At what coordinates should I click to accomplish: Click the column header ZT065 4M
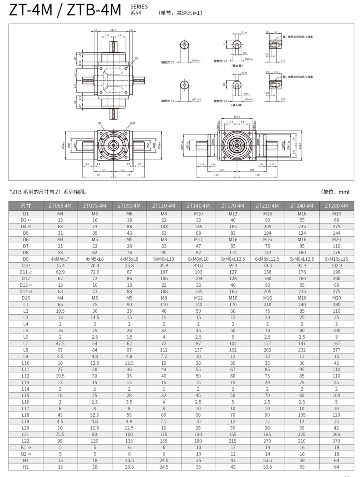point(60,206)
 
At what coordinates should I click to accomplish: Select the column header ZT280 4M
point(336,206)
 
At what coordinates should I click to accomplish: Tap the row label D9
point(26,259)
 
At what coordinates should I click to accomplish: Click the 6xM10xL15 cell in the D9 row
point(336,259)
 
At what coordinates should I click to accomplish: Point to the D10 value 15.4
point(60,265)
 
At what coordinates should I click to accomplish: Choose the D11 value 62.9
point(60,272)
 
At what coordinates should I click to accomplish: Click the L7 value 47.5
point(60,343)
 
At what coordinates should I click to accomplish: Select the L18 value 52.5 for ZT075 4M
point(94,415)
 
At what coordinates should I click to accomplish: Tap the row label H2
point(26,467)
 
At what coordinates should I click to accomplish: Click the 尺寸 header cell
point(26,206)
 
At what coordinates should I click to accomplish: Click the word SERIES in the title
point(139,6)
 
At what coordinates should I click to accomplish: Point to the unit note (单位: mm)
point(335,192)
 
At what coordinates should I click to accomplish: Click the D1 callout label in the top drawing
point(137,58)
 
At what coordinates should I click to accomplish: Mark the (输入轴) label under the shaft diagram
point(238,106)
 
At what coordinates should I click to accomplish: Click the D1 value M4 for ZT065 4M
point(60,214)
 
